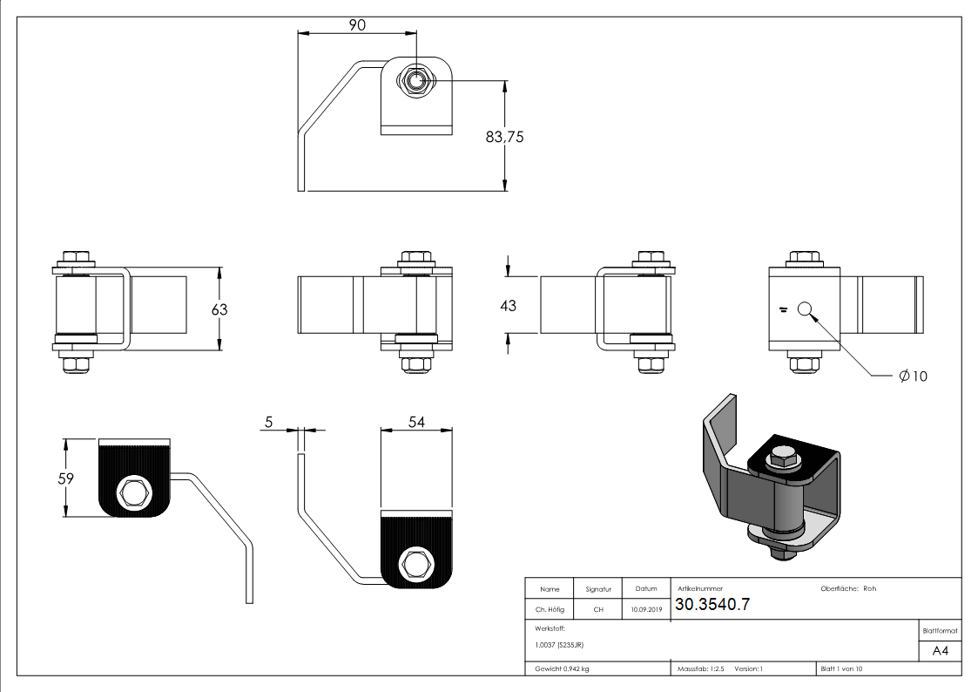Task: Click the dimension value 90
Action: [x=357, y=25]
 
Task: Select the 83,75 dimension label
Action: [x=503, y=137]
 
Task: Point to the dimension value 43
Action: [x=508, y=305]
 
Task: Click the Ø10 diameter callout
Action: [x=913, y=376]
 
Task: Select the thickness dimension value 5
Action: [x=268, y=422]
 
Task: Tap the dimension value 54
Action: [x=416, y=422]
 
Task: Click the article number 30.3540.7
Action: [x=712, y=605]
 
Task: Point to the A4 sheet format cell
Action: [x=941, y=651]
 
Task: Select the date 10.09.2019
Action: [x=646, y=610]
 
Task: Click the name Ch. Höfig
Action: [x=550, y=610]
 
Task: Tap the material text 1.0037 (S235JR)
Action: [x=560, y=644]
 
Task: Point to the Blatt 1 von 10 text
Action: [x=841, y=669]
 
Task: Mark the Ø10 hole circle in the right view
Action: [x=804, y=308]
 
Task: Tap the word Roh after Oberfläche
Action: [x=869, y=588]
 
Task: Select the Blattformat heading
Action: [x=941, y=630]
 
